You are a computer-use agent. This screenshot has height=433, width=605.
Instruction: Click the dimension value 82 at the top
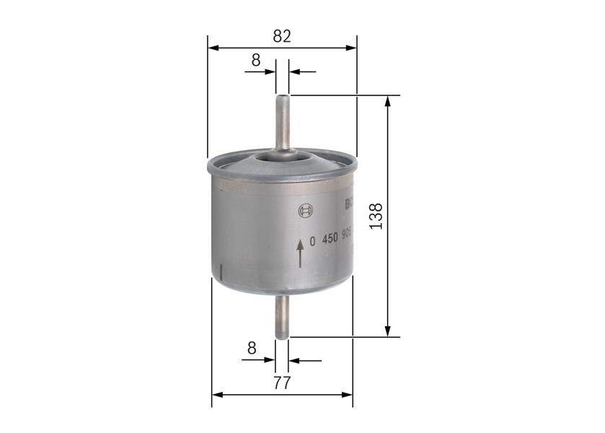tap(282, 36)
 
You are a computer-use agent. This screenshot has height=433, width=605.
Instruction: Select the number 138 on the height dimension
tap(376, 216)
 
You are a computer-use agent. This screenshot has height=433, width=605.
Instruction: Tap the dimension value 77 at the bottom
tap(282, 382)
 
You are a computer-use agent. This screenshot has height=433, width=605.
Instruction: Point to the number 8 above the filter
tap(255, 61)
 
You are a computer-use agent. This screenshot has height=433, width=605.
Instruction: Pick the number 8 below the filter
tap(252, 348)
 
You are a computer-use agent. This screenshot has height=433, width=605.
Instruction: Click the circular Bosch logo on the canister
tap(306, 211)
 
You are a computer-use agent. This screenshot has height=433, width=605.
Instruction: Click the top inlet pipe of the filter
tap(282, 123)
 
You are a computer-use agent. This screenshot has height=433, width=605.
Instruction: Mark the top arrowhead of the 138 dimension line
tap(388, 101)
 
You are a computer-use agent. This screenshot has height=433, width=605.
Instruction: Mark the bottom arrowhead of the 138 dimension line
tap(388, 331)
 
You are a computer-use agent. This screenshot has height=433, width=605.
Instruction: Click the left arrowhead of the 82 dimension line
tap(213, 48)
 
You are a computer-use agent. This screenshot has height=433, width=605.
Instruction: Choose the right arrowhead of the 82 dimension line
tap(351, 48)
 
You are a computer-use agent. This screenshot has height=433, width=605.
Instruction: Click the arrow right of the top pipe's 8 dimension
tap(302, 72)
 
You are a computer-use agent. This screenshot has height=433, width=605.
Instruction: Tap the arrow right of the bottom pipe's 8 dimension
tap(304, 359)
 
